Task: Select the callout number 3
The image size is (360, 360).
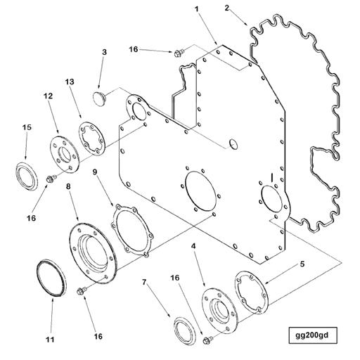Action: [x=104, y=52]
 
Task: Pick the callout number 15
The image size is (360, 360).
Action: [x=26, y=127]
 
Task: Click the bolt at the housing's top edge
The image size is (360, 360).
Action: [x=179, y=51]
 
